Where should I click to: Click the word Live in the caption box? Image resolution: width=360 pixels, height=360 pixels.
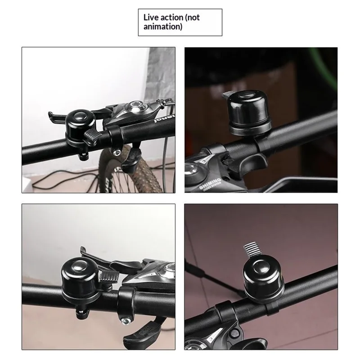(x=151, y=18)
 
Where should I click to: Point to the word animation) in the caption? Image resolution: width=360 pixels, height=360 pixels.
(x=163, y=27)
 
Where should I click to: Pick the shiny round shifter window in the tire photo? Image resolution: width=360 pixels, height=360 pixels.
(x=133, y=107)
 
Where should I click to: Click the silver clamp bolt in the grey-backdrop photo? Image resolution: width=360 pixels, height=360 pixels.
(x=124, y=320)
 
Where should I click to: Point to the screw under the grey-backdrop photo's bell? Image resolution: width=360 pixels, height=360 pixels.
(x=83, y=310)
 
